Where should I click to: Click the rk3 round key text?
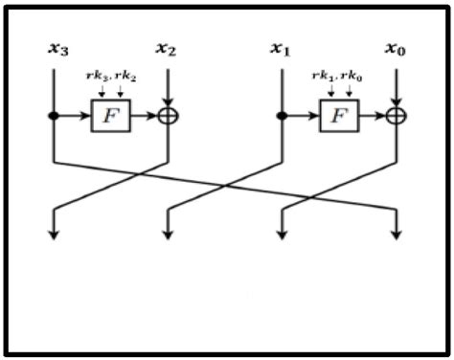95,78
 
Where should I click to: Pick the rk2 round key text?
124,78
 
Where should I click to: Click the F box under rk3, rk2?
110,116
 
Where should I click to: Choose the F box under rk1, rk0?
337,116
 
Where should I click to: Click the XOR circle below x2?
168,116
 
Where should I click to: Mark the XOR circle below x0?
395,116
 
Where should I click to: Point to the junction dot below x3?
54,116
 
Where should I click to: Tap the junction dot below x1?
281,116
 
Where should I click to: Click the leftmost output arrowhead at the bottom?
54,235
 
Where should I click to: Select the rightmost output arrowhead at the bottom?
396,235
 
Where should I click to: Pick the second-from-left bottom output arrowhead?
168,235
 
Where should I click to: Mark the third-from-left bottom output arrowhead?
281,235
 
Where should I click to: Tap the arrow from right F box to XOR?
371,116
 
